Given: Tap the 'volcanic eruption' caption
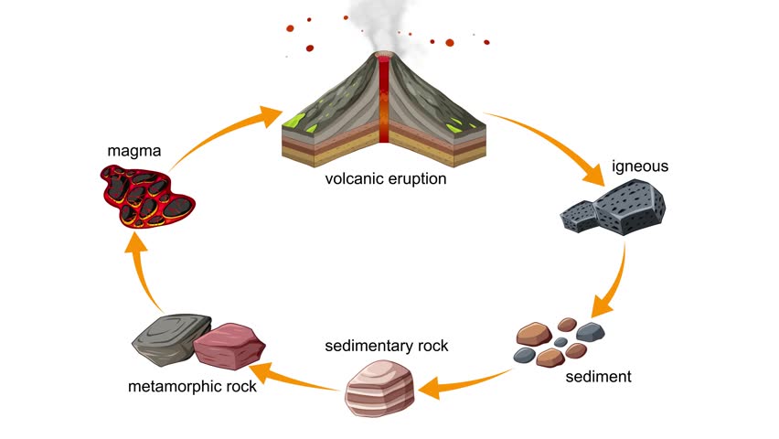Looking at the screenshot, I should pos(386,178).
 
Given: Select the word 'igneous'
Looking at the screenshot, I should pos(640,166).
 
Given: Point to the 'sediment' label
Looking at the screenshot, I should pos(598,376).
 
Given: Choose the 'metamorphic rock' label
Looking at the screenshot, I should pos(191,385).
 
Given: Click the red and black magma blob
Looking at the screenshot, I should pos(150,197).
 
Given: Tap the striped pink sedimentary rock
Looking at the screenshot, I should pos(380,388).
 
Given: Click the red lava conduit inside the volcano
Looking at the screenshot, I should pos(385,101).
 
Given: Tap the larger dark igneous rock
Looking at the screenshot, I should pos(630,207).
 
